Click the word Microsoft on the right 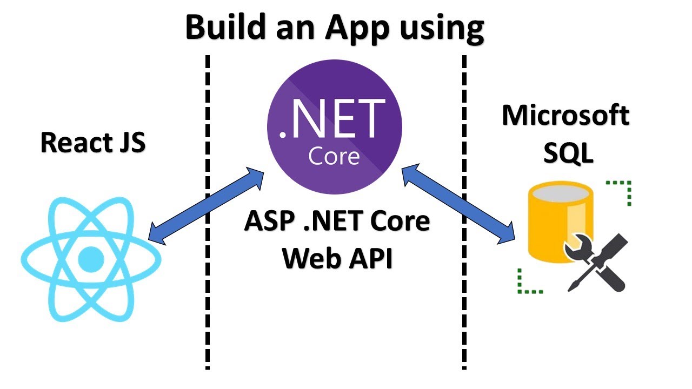pos(565,115)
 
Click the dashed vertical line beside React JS pos(207,216)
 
